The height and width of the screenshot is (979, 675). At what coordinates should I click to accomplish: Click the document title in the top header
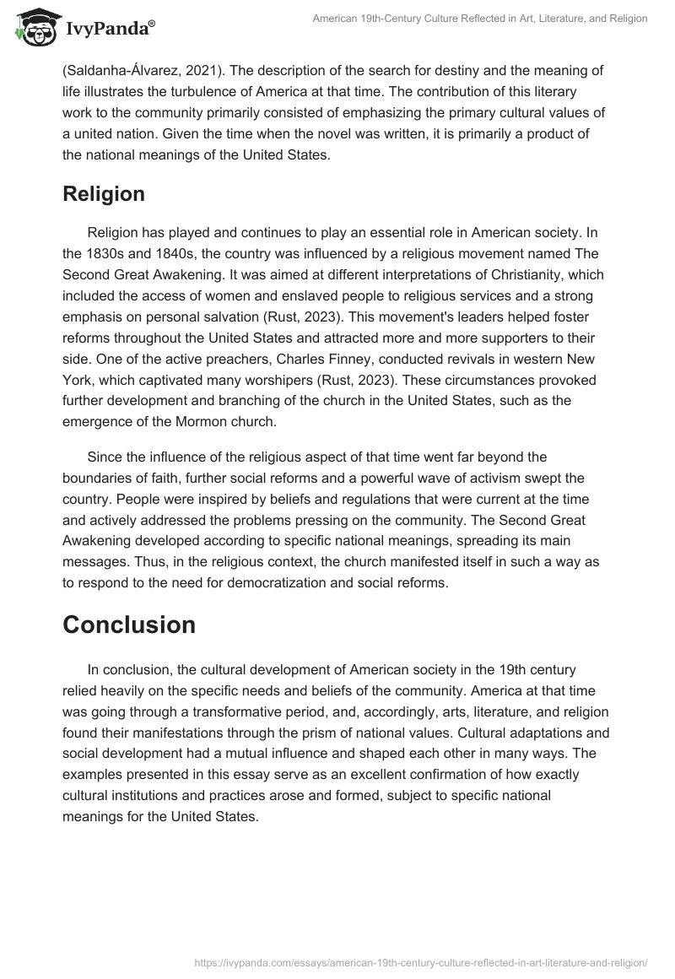click(x=480, y=19)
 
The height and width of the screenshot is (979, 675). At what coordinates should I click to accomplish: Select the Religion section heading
click(x=104, y=193)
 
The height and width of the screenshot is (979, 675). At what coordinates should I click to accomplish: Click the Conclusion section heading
click(x=129, y=625)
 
